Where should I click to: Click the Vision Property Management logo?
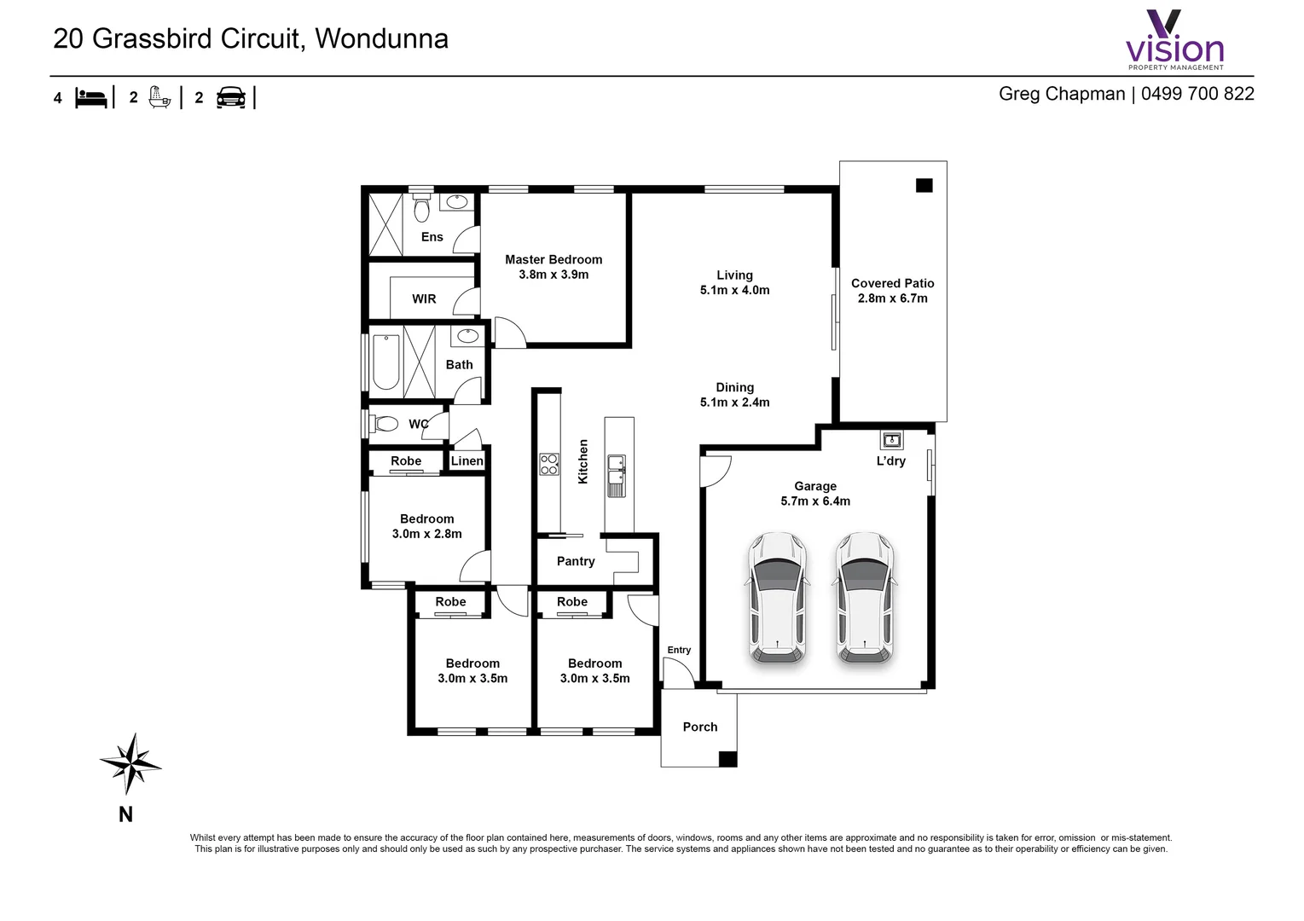[1174, 40]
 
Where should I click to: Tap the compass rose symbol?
[130, 762]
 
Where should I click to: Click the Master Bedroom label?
[553, 259]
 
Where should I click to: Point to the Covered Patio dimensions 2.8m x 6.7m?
[892, 298]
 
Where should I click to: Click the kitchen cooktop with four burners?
[549, 464]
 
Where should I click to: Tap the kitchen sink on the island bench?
[616, 475]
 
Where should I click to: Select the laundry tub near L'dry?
[891, 440]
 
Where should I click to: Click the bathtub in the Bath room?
[385, 362]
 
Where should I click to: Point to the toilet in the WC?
[385, 424]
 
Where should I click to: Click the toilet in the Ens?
[421, 208]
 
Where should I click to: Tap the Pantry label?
[576, 561]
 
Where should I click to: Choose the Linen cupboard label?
[467, 461]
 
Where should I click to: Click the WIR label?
[424, 299]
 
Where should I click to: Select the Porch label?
[699, 727]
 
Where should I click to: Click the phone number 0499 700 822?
[1197, 94]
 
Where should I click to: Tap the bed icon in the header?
[91, 97]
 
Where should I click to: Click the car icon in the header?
[230, 97]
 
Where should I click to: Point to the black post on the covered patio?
[924, 185]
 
